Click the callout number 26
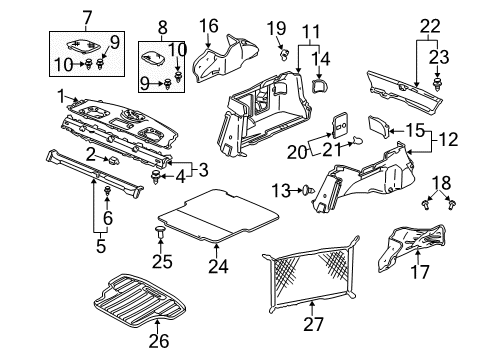(159, 341)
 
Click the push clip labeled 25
(160, 232)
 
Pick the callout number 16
(209, 26)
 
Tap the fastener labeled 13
(308, 191)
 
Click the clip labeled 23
(437, 84)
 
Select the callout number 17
(419, 272)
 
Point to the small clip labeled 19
(284, 54)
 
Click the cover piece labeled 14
(320, 85)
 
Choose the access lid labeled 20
(340, 125)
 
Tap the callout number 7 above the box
(87, 18)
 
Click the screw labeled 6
(107, 192)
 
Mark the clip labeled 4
(156, 176)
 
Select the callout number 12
(448, 139)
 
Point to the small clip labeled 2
(114, 161)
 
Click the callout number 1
(61, 97)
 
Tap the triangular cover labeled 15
(379, 126)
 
